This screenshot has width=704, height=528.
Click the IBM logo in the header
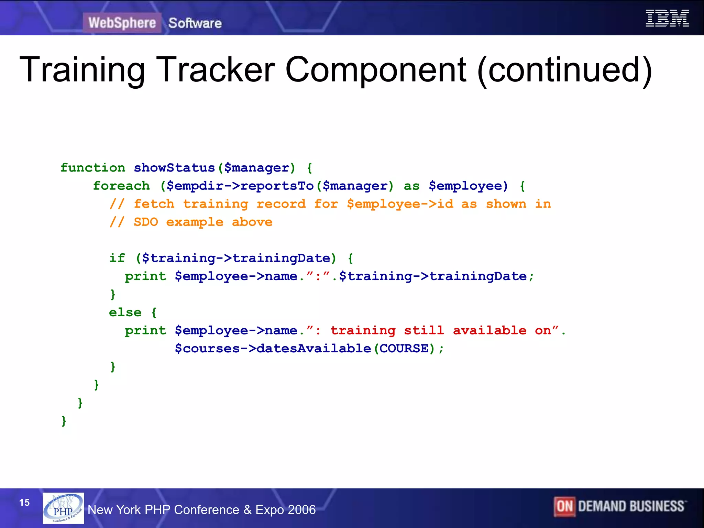[x=667, y=19]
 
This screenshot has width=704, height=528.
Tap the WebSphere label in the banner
[x=122, y=23]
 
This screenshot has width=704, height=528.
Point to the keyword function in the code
[x=93, y=168]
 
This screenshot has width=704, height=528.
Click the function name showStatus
[x=174, y=168]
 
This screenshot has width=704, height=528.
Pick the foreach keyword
[x=121, y=186]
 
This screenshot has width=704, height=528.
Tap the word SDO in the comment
[x=146, y=222]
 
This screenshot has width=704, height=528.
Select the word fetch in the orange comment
[x=154, y=204]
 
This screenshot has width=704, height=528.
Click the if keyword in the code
[x=117, y=258]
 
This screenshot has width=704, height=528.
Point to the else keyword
[x=125, y=312]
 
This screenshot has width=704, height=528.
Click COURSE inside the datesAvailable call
[x=404, y=349]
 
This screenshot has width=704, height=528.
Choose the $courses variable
[x=207, y=349]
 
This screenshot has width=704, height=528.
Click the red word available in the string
[x=489, y=330]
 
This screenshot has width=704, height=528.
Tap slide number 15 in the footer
[x=24, y=503]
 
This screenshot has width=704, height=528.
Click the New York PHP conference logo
[x=63, y=508]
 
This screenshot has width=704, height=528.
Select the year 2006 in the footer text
[x=302, y=510]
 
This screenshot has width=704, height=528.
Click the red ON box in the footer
[x=564, y=506]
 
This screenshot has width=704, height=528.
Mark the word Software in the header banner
[x=195, y=23]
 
